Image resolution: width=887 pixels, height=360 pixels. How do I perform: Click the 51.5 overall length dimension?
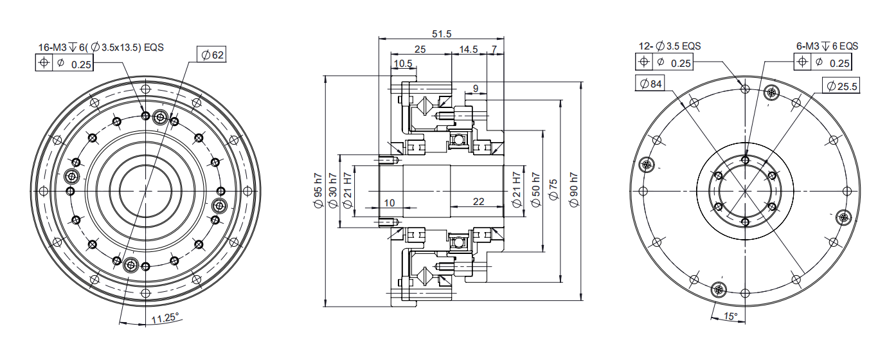pos(442,33)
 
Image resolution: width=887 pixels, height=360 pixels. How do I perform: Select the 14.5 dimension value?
pos(469,49)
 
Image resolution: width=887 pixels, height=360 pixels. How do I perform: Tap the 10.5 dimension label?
pos(403,64)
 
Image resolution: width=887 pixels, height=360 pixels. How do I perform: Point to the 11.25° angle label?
pos(165,318)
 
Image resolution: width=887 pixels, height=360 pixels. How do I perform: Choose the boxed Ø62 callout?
pos(212,55)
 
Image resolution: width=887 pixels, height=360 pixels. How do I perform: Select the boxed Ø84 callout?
pos(650,84)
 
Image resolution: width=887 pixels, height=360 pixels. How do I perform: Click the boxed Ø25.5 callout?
pos(841,86)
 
